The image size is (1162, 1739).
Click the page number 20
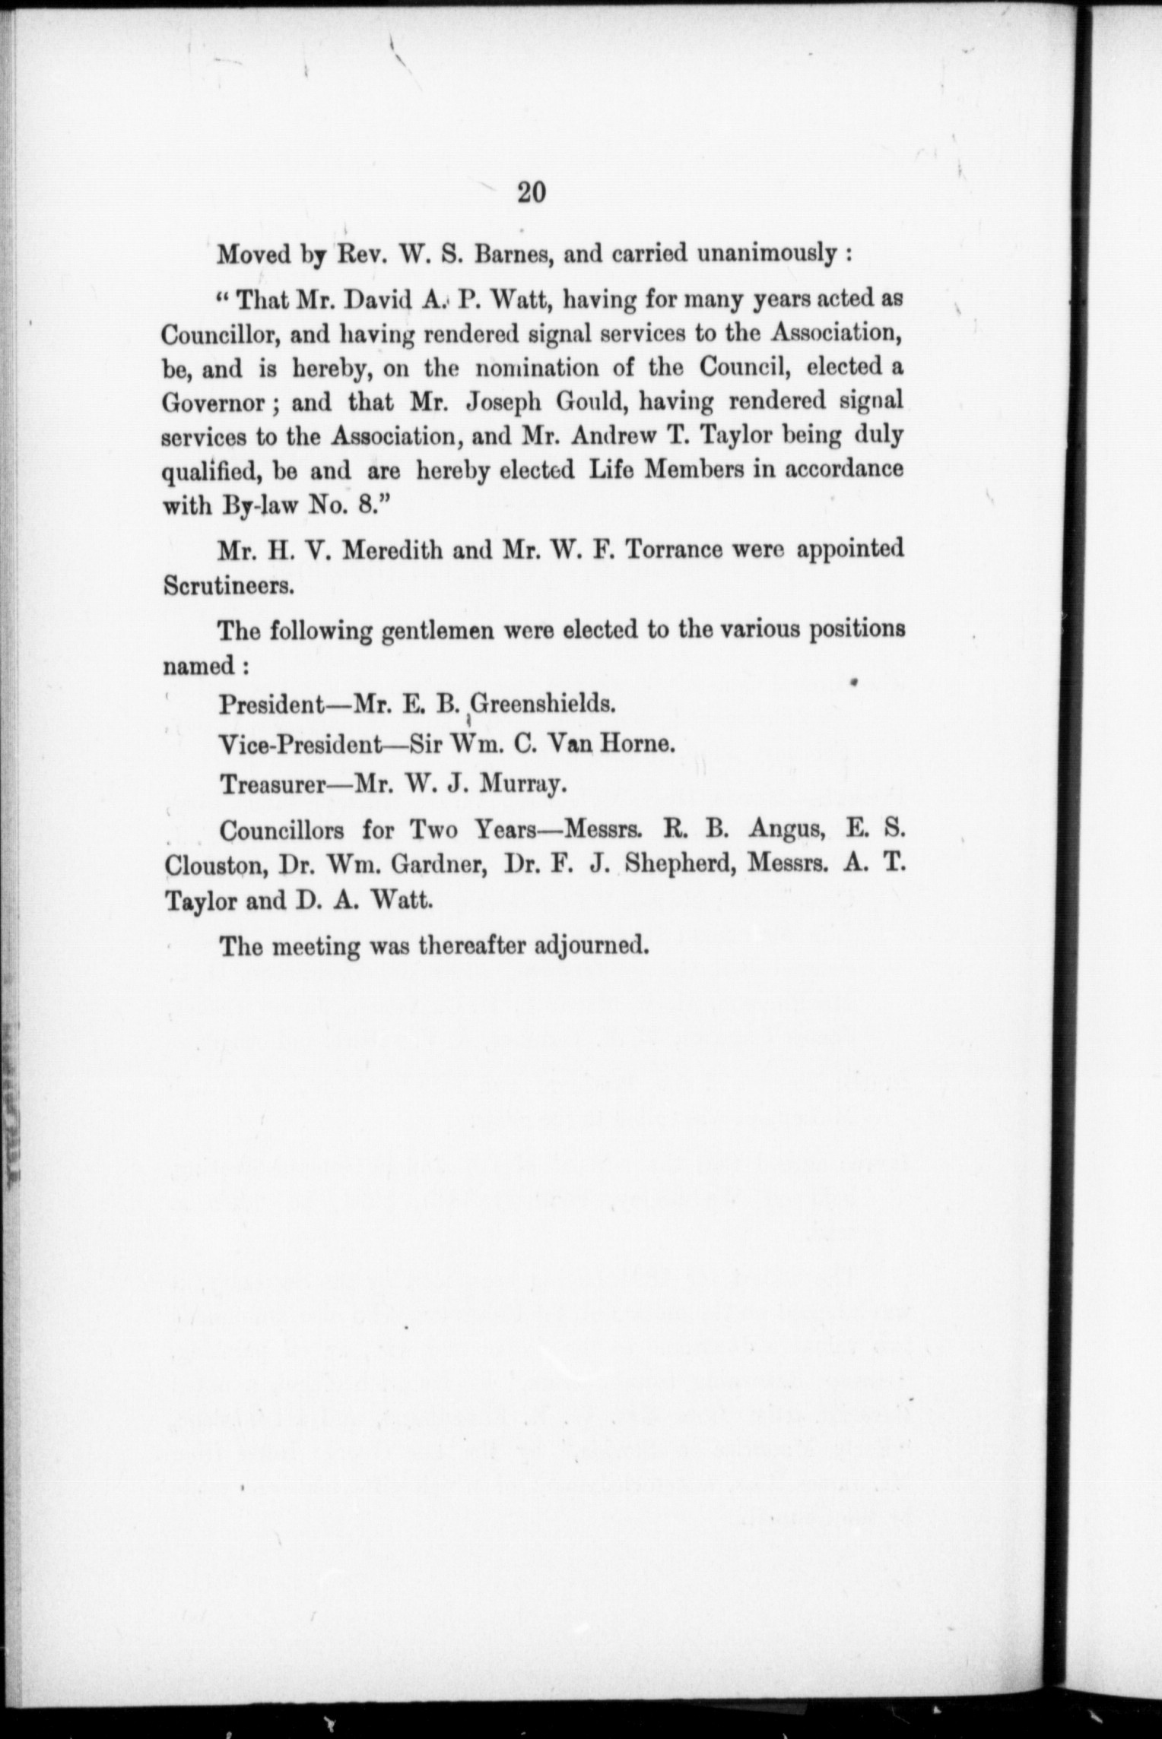click(x=531, y=193)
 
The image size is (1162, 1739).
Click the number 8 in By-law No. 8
click(x=360, y=505)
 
